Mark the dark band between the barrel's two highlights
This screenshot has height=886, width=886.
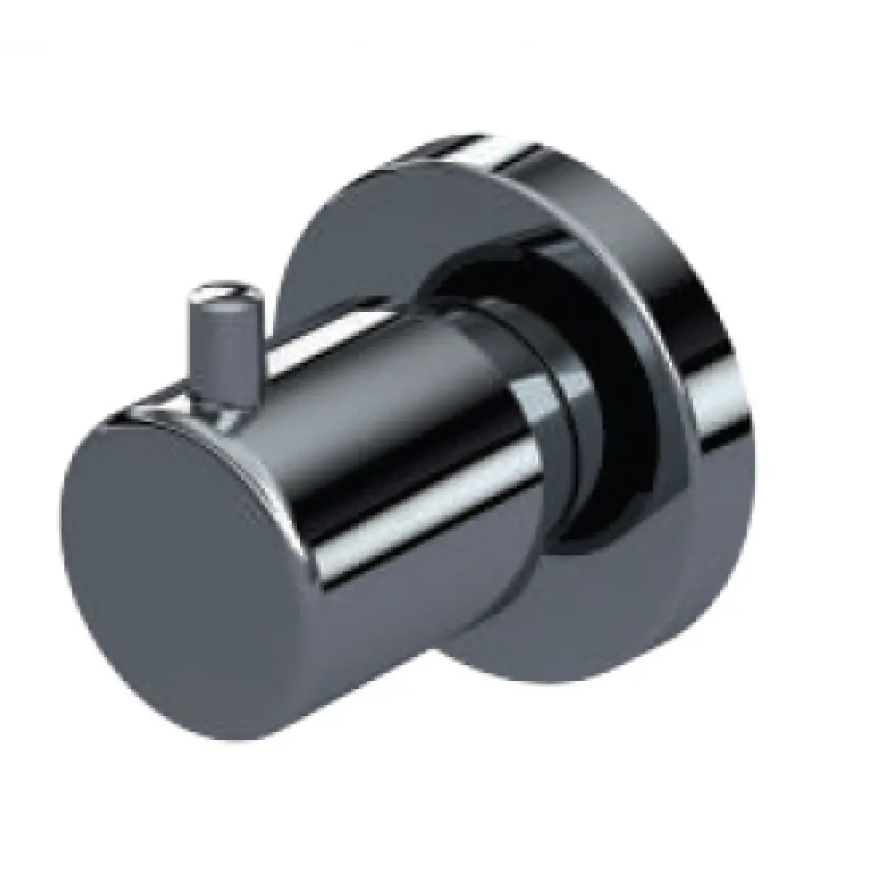369,397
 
